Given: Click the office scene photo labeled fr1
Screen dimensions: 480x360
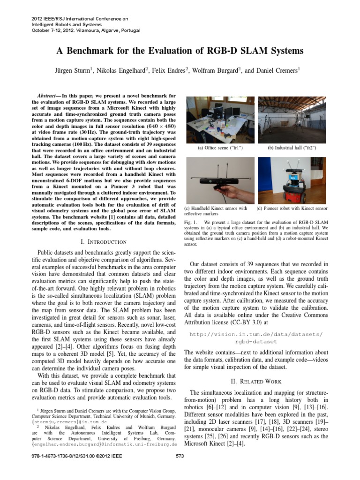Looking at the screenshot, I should coord(220,120).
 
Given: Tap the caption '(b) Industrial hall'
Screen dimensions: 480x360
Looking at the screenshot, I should coord(292,148).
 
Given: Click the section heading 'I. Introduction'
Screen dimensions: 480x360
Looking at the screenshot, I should coord(104,242).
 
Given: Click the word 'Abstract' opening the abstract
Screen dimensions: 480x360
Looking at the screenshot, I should coord(47,96).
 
